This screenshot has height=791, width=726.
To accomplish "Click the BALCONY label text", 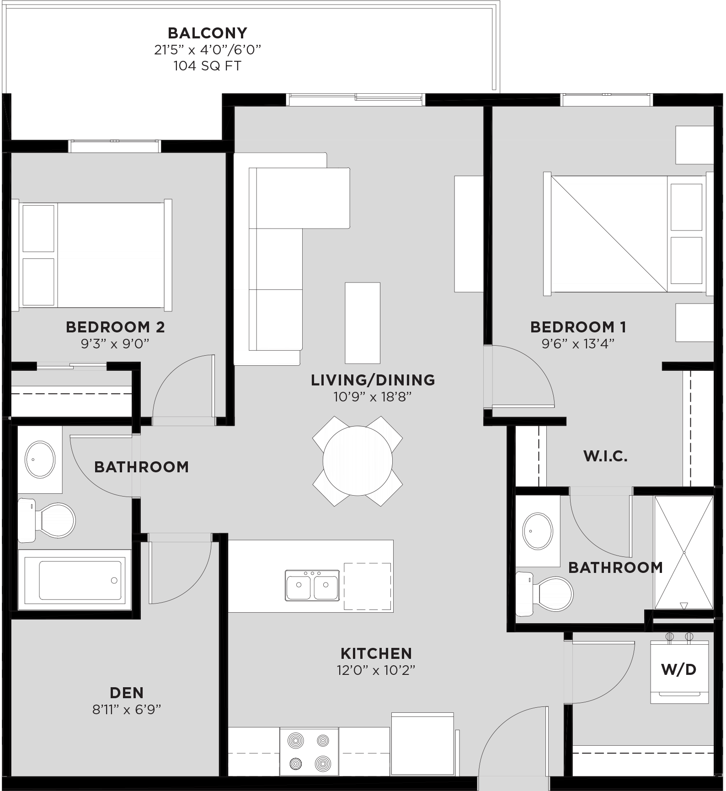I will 207,33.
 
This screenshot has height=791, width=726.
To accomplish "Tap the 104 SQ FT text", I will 207,66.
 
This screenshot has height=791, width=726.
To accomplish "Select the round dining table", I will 358,460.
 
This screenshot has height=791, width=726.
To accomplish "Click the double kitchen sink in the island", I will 312,585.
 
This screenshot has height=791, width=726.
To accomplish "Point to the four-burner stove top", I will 309,752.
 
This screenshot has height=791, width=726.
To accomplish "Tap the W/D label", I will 678,670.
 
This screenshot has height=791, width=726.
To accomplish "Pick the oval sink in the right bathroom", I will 538,531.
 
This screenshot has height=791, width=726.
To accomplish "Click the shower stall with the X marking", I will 683,552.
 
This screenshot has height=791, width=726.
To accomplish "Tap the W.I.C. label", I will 605,456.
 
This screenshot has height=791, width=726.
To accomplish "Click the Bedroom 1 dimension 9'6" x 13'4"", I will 577,343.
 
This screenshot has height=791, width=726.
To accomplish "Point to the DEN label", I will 127,693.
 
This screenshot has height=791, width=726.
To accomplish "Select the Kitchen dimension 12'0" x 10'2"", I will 376,670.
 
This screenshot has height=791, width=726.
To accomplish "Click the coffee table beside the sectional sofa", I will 362,323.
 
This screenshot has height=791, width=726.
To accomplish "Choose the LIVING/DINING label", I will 373,380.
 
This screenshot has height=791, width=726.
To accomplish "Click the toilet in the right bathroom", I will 546,593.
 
